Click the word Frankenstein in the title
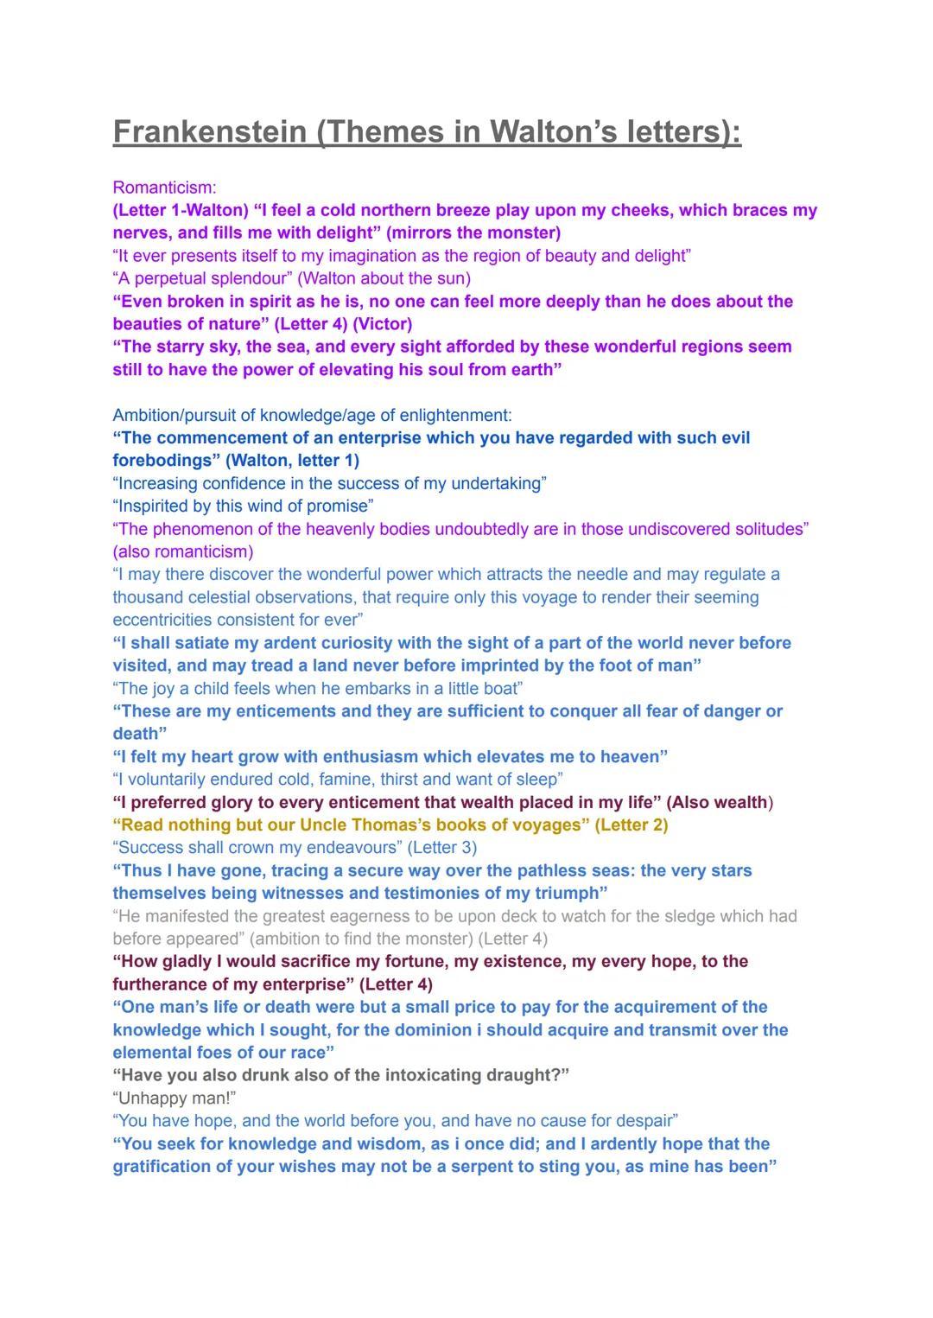point(210,132)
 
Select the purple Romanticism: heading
point(164,188)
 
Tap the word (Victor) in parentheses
point(382,324)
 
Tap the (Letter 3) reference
point(441,848)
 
